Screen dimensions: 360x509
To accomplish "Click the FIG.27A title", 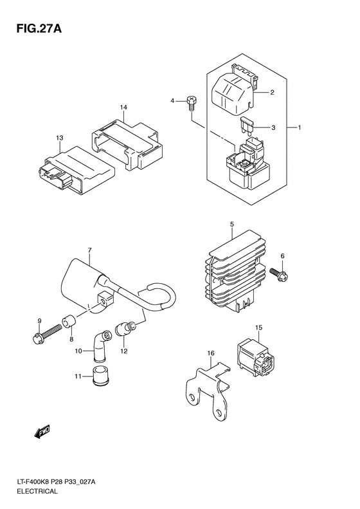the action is click(x=39, y=29).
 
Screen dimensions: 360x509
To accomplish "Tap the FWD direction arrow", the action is click(x=42, y=432).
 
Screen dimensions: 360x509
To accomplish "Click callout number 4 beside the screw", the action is click(x=172, y=101).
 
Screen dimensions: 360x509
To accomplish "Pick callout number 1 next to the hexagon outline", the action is click(x=300, y=128).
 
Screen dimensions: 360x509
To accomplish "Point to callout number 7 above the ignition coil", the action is click(x=90, y=250).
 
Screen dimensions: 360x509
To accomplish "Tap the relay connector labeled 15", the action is click(x=256, y=358).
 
